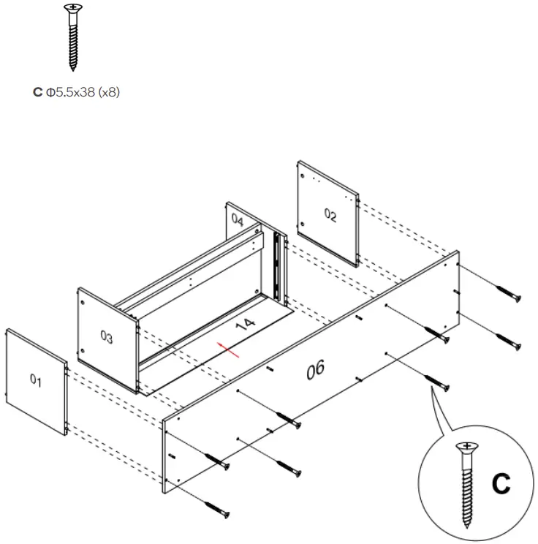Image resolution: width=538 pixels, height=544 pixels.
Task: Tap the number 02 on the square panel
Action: click(x=330, y=215)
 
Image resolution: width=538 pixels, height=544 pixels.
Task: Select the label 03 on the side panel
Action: click(x=107, y=338)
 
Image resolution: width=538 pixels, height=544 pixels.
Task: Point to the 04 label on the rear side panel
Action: click(x=238, y=219)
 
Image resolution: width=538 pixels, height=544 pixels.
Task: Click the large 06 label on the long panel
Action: click(x=315, y=369)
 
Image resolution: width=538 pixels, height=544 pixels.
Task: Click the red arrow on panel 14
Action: click(x=229, y=350)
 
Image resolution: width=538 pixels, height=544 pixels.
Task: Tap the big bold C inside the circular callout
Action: click(x=500, y=484)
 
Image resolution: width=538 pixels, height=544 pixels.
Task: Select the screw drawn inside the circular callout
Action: click(x=465, y=483)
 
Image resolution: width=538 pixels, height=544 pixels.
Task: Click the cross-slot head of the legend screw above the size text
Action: click(x=72, y=8)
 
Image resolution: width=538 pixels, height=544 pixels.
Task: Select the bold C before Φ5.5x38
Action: click(x=37, y=94)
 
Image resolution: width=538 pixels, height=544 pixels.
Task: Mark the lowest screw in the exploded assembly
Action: click(x=216, y=507)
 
